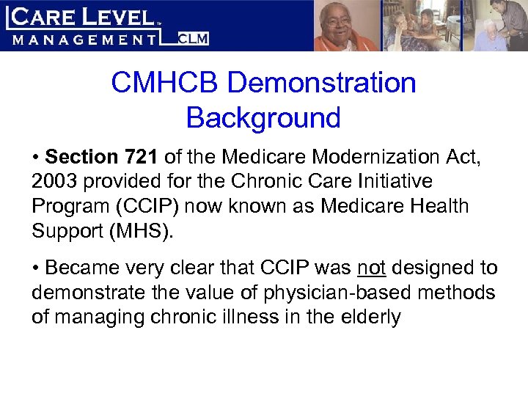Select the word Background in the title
click(263, 117)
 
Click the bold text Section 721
click(102, 157)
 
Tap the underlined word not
click(373, 268)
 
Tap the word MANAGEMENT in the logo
click(85, 39)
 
